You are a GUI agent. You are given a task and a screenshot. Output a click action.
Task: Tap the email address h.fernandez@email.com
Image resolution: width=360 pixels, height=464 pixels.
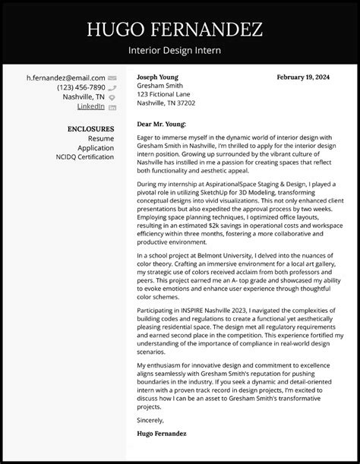[66, 77]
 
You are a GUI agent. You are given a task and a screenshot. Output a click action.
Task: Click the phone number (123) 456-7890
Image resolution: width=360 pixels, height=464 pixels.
[81, 87]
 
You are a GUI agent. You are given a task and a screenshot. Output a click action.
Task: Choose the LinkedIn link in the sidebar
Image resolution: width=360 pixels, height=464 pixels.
[91, 107]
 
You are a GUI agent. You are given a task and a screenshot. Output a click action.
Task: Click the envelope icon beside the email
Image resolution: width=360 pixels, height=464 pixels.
[112, 77]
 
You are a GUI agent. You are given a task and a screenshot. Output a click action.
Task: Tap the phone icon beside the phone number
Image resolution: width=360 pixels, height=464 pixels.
[112, 87]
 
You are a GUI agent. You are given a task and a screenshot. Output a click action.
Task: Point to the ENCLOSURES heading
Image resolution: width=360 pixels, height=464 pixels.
[90, 129]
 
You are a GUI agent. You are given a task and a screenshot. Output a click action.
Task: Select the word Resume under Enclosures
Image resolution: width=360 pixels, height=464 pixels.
[100, 139]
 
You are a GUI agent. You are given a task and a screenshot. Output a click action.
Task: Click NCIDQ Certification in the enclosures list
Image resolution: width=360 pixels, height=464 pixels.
[84, 157]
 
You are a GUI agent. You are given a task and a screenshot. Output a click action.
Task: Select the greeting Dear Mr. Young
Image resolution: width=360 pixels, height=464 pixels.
[162, 123]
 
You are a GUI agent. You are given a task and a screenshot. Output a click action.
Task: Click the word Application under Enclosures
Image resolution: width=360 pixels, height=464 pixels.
[94, 148]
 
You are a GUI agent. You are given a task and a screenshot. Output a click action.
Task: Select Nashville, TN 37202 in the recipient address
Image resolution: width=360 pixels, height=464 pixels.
[166, 103]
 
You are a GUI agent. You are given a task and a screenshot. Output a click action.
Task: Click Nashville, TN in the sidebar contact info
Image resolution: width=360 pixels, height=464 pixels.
[83, 97]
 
